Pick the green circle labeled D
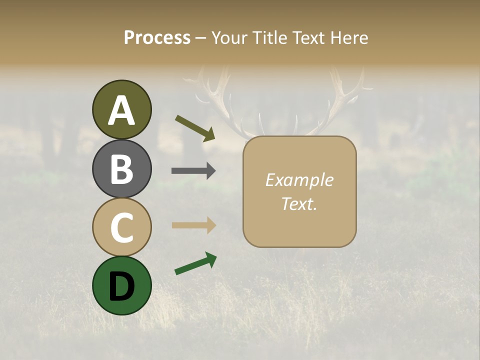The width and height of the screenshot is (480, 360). (122, 285)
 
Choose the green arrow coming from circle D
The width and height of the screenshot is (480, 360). (195, 264)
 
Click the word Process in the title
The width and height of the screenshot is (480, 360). (157, 37)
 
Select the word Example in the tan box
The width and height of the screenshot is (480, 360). (299, 180)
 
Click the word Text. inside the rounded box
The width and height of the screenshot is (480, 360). (299, 203)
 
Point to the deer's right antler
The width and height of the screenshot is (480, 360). (345, 95)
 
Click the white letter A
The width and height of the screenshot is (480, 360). (122, 110)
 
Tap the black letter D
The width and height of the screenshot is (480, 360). (122, 286)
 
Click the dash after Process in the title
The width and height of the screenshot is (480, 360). (201, 38)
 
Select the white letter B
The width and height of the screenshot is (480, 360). (122, 169)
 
